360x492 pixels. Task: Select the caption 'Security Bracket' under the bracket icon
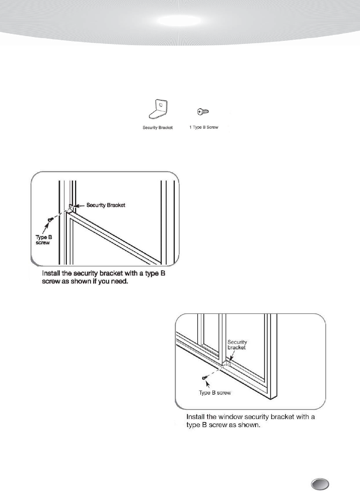pyautogui.click(x=158, y=128)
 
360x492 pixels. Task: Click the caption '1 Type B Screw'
pyautogui.click(x=204, y=127)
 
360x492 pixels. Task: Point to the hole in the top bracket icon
pyautogui.click(x=160, y=105)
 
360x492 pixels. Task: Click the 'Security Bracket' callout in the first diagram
pyautogui.click(x=106, y=205)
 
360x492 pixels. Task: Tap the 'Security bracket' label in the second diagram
pyautogui.click(x=237, y=345)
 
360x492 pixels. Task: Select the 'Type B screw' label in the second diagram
pyautogui.click(x=215, y=393)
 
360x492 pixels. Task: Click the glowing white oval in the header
pyautogui.click(x=179, y=21)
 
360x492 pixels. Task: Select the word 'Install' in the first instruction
pyautogui.click(x=52, y=273)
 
